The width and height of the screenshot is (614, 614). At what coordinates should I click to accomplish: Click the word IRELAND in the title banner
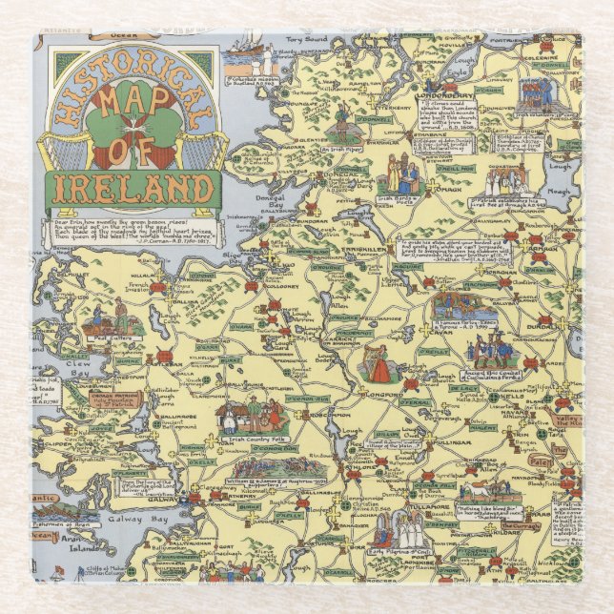pos(133,187)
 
